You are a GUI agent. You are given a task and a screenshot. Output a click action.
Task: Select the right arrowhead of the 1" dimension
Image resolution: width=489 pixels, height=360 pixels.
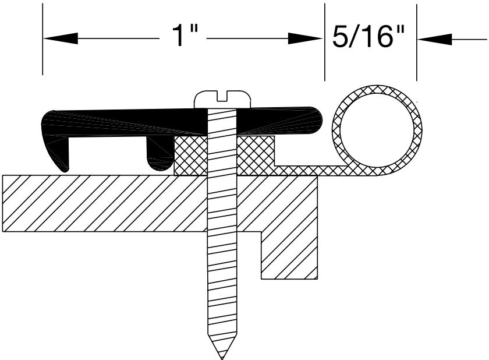tap(306, 39)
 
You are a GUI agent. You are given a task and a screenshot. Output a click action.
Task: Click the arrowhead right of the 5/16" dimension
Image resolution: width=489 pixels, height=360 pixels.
tap(433, 39)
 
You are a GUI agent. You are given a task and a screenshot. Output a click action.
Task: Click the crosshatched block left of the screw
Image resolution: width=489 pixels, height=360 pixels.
tap(191, 155)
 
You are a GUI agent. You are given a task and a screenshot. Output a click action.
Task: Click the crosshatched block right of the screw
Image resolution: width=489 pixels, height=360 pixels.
tap(255, 154)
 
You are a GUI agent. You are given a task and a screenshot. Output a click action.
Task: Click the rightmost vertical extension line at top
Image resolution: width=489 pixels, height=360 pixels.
tap(417, 41)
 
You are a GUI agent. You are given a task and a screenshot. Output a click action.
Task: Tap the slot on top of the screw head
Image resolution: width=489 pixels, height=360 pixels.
tap(222, 94)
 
